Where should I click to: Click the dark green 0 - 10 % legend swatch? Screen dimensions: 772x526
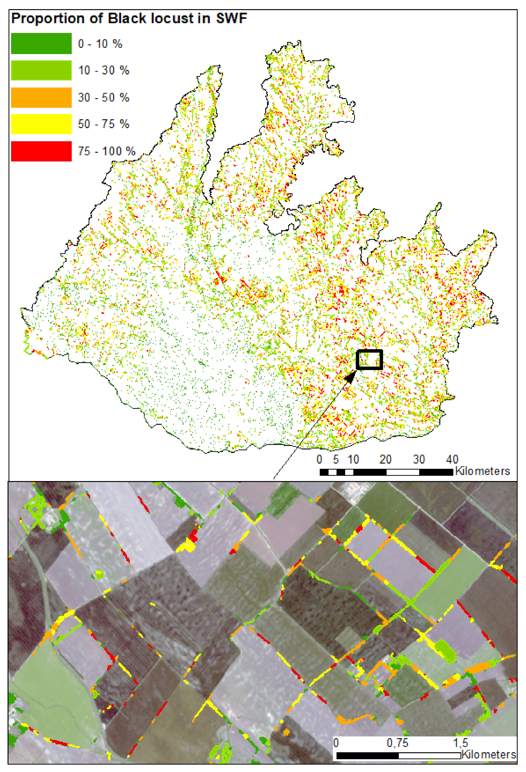click(41, 43)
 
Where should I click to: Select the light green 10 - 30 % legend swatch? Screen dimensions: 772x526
click(41, 70)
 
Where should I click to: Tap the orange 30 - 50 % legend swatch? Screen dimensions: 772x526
click(41, 97)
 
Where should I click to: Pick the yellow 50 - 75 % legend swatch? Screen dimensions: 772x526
click(41, 124)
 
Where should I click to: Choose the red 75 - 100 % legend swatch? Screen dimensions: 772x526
click(41, 151)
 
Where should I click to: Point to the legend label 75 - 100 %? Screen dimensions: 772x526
click(107, 151)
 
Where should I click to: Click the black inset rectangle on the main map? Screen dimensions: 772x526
click(369, 350)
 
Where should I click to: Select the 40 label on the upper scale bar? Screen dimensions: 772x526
click(452, 459)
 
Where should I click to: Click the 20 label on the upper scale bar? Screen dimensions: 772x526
click(385, 459)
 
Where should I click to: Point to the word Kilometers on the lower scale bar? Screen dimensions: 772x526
click(489, 754)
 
